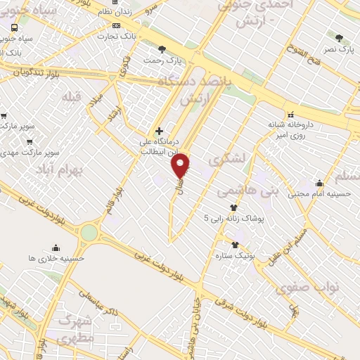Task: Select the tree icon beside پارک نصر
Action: (x=340, y=38)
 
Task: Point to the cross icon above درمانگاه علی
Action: (x=160, y=131)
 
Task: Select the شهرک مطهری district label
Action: (x=76, y=328)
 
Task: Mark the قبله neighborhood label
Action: (x=72, y=96)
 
